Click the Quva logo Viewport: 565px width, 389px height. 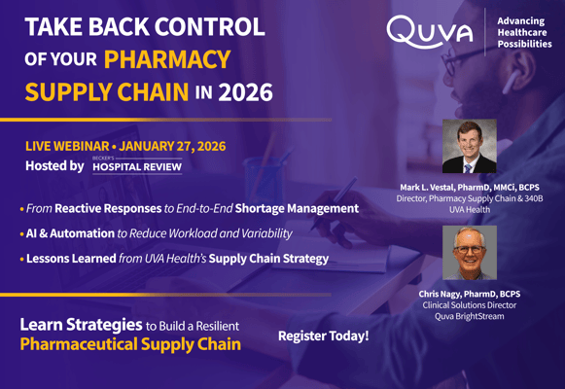(x=429, y=32)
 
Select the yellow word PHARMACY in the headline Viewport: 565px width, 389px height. (x=167, y=59)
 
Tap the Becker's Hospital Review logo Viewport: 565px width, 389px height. (x=136, y=165)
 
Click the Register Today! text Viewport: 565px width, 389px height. (x=323, y=336)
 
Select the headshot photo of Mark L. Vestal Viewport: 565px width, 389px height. (x=469, y=146)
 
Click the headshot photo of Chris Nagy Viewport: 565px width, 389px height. (x=469, y=254)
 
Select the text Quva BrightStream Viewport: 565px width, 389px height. (x=469, y=317)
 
